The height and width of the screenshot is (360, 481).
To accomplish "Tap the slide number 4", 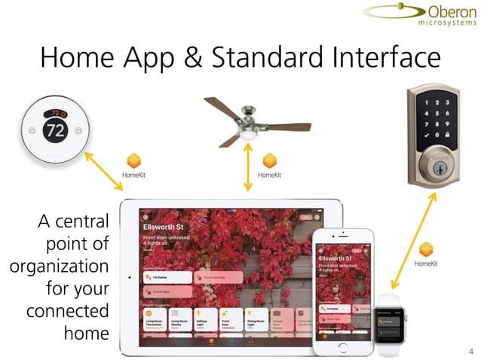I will [x=470, y=351].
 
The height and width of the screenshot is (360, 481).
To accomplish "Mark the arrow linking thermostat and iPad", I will [x=103, y=171].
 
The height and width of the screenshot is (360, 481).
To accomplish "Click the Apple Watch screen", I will [x=392, y=320].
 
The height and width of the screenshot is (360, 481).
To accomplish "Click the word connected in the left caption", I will [x=68, y=310].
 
